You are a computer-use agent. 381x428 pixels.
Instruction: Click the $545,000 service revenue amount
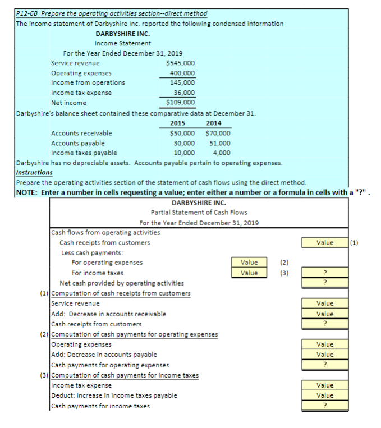[181, 63]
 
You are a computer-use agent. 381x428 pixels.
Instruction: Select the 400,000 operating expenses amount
[182, 73]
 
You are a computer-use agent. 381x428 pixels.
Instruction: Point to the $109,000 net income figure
[181, 102]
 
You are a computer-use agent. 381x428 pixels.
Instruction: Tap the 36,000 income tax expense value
[184, 93]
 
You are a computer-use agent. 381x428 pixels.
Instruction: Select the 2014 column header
[213, 123]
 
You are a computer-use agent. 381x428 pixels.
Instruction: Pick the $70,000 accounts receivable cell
[218, 133]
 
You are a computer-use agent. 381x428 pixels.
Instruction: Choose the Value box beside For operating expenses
[249, 263]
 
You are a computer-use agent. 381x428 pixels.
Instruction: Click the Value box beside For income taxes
[249, 273]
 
